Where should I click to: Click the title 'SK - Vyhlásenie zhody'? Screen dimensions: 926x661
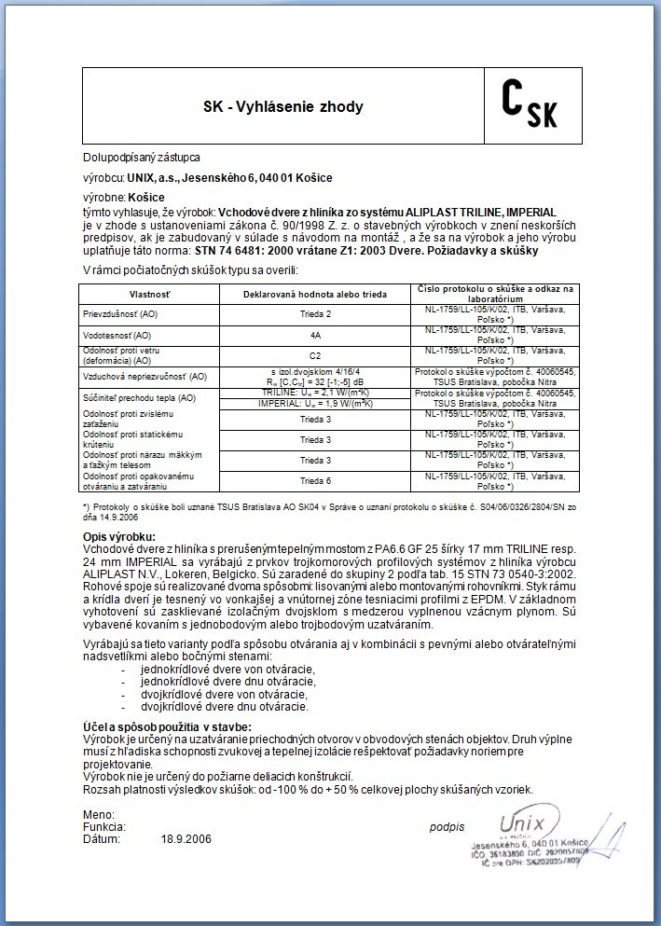coord(283,106)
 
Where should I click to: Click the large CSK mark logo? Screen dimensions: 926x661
coord(529,104)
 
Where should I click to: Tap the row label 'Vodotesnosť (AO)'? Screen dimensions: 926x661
coord(117,334)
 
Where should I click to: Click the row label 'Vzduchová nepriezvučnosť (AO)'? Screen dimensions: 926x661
coord(145,377)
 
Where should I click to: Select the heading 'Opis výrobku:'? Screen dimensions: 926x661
coord(119,537)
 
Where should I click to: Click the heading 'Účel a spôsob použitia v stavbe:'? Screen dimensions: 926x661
coord(168,726)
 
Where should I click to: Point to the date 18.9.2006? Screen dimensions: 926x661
coord(186,838)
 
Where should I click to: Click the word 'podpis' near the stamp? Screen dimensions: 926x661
coord(447,826)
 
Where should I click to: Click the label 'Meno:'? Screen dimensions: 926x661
coord(99,814)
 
